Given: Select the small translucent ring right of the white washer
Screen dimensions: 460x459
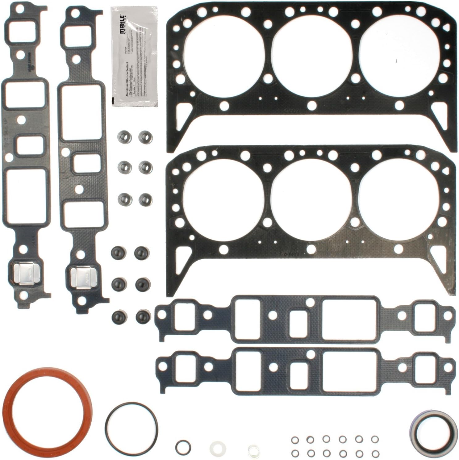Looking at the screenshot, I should click(x=252, y=447).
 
